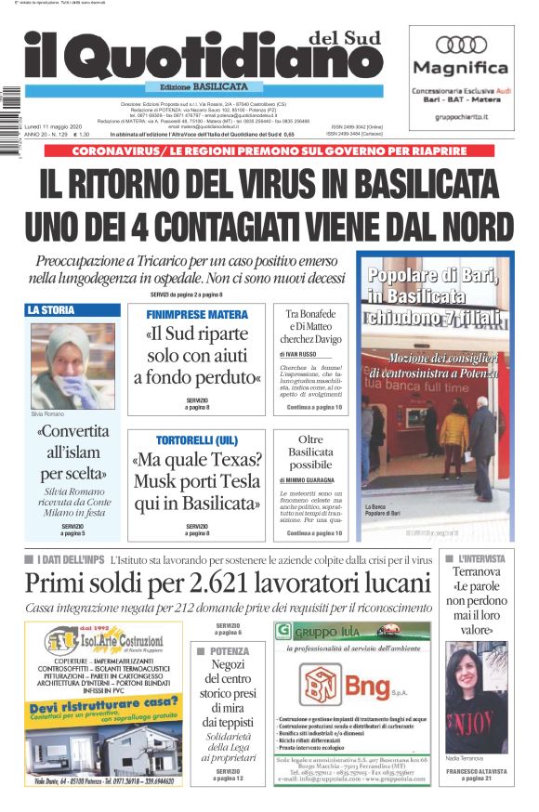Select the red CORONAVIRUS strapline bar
[x=269, y=151]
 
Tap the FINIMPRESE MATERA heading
[x=197, y=315]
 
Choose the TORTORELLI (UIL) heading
[x=197, y=439]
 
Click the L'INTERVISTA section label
[x=481, y=559]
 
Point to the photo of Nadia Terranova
[x=476, y=696]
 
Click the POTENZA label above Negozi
[x=229, y=651]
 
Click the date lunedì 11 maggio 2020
[x=54, y=125]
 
